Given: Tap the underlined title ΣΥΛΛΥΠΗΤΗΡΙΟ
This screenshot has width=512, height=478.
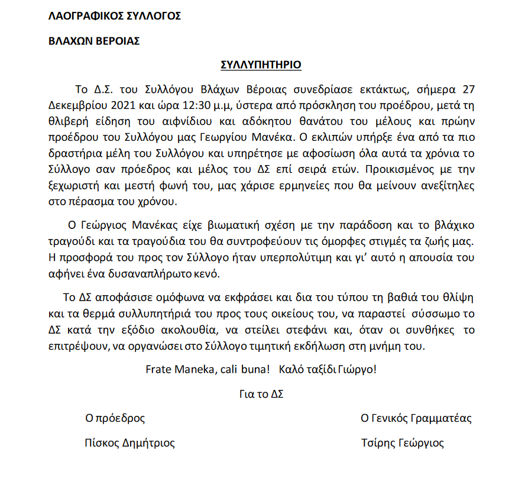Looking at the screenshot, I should click(261, 64).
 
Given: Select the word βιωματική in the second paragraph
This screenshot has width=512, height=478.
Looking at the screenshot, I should click(228, 226).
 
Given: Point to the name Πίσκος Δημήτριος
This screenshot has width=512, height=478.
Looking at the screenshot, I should click(130, 443).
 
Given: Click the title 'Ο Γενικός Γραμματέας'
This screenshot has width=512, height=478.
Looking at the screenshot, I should click(416, 419).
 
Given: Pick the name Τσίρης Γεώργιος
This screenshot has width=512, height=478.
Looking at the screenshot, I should click(402, 443).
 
